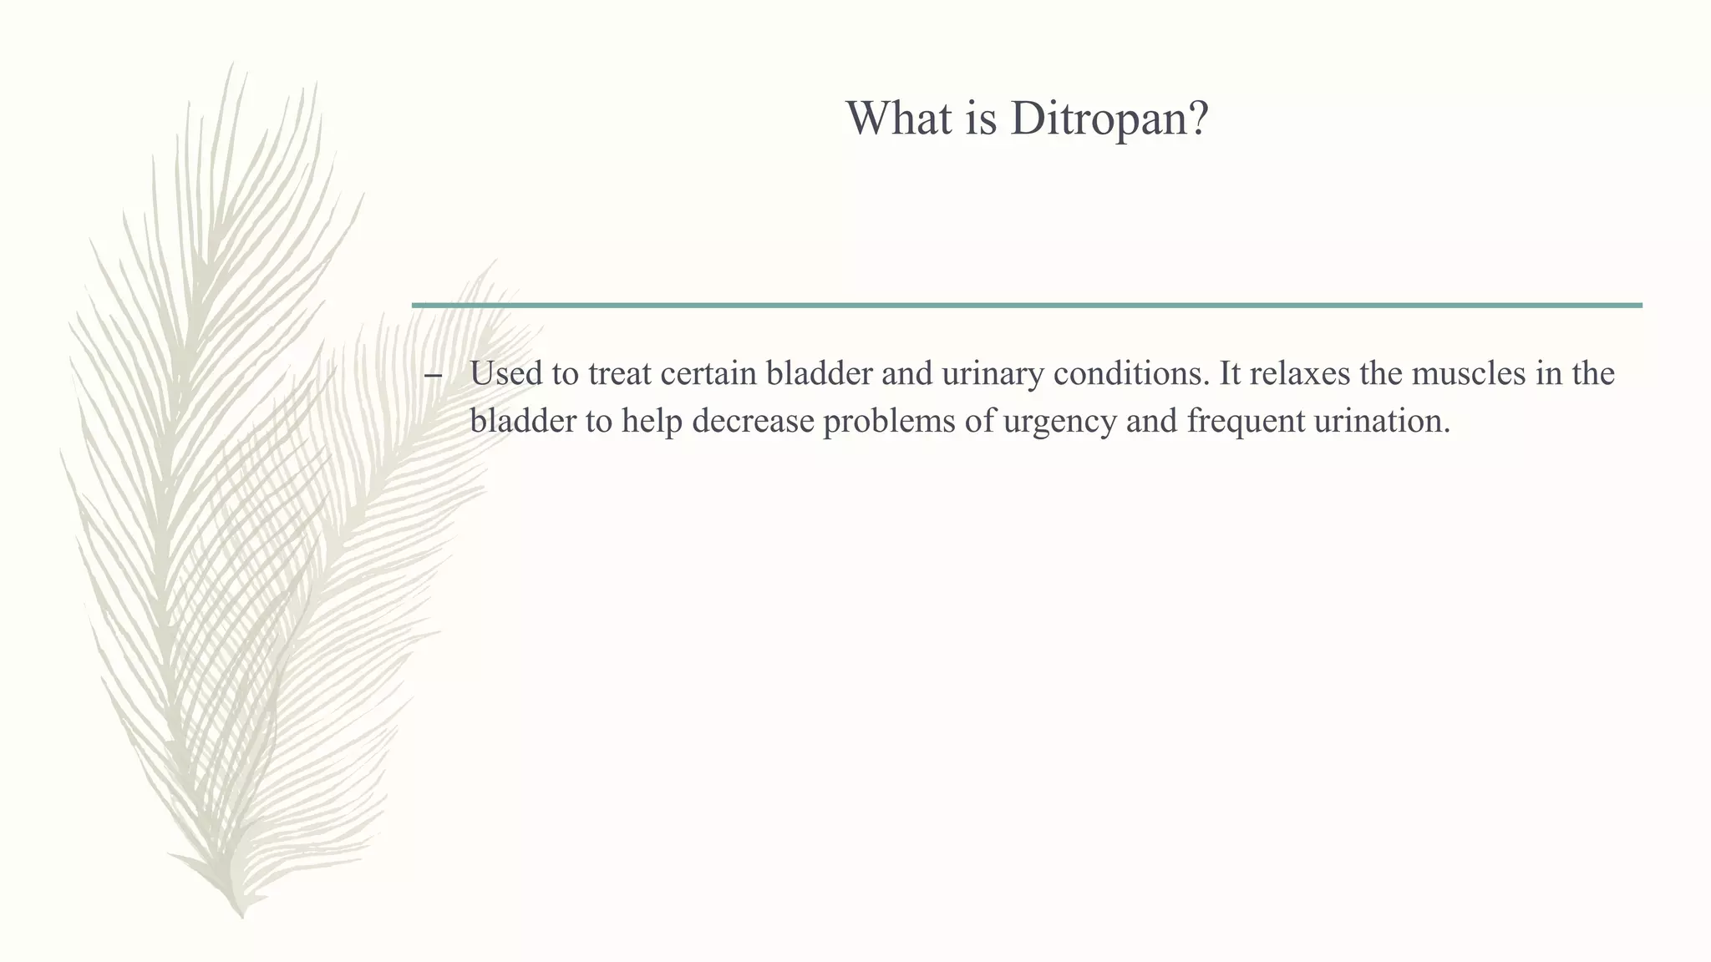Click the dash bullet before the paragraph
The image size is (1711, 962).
pyautogui.click(x=433, y=377)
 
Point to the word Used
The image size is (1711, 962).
pyautogui.click(x=506, y=373)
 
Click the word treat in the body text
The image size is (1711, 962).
pyautogui.click(x=620, y=373)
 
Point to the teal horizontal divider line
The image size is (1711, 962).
pyautogui.click(x=1027, y=306)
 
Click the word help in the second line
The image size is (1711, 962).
pyautogui.click(x=652, y=421)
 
